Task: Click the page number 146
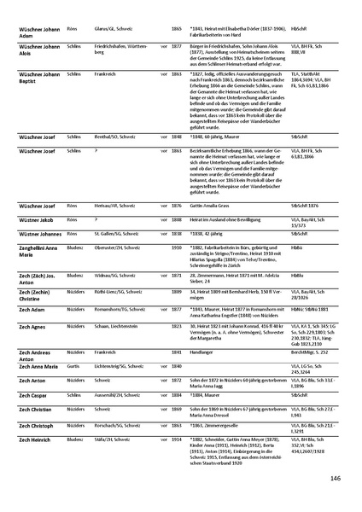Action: pos(335,478)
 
